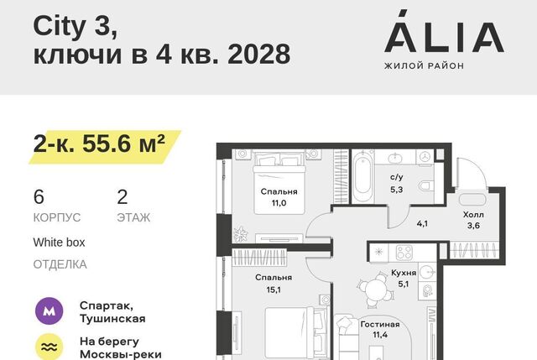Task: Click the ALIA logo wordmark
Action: pos(444,32)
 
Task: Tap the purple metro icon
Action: pos(50,311)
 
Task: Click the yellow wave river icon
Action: pos(50,347)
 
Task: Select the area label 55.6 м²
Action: pos(123,143)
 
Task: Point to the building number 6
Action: pos(39,197)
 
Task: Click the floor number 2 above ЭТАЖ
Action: pos(123,197)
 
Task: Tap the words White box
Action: pos(59,243)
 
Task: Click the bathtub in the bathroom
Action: pos(362,177)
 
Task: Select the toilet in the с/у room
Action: pos(425,186)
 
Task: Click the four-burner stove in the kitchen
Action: pos(404,253)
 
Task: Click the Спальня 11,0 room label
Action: pos(279,197)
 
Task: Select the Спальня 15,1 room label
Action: pos(274,284)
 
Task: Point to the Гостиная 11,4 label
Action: pos(380,330)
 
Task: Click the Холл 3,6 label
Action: pos(473,220)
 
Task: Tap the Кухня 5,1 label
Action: pos(404,278)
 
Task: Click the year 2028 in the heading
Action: pos(259,54)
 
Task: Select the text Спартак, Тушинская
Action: pos(112,311)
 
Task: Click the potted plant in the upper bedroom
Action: pos(241,234)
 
